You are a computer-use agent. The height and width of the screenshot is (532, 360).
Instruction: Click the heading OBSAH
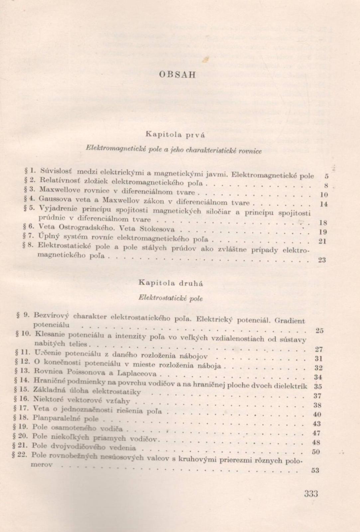(177, 74)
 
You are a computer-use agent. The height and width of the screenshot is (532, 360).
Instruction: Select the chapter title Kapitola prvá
(175, 135)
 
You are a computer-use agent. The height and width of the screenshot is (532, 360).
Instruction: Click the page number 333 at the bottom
(311, 493)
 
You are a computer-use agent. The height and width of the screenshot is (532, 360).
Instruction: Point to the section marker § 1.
(30, 171)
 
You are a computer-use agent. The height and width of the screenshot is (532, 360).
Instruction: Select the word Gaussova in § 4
(53, 199)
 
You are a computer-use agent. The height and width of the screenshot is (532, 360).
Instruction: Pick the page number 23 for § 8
(322, 260)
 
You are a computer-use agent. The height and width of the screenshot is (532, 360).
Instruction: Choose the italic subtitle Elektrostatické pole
(171, 298)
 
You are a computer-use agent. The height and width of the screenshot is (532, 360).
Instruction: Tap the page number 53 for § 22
(315, 470)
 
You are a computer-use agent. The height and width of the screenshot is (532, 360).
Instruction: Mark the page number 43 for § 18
(316, 424)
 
